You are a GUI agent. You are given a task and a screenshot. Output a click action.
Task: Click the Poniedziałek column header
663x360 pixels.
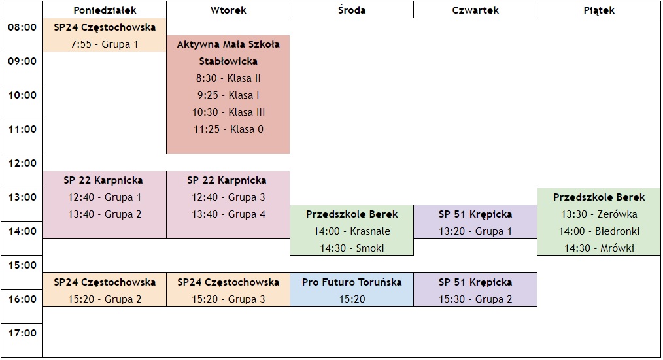pos(105,10)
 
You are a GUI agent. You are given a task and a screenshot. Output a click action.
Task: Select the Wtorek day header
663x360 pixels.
pos(228,10)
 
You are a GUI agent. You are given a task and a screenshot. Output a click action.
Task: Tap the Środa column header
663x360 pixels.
pos(352,10)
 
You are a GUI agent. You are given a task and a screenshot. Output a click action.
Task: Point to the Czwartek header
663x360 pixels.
pos(475,10)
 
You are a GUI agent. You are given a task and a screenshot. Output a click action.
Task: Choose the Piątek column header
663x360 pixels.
pos(599,10)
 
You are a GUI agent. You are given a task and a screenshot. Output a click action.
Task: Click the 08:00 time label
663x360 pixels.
pos(22,27)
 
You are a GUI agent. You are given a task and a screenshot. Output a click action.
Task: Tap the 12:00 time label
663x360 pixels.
pos(22,163)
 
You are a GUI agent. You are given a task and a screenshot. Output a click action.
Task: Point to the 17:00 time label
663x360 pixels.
pos(22,333)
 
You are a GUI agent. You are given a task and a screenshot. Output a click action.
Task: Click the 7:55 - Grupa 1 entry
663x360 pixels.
pos(105,44)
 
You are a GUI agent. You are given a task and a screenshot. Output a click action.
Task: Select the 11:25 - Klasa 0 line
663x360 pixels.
pos(228,129)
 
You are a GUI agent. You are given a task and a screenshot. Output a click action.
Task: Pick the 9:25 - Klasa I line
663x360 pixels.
pos(228,95)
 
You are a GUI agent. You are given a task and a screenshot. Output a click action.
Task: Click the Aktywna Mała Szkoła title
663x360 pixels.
pos(228,44)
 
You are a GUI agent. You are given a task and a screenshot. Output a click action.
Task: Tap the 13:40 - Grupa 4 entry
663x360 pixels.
pos(228,214)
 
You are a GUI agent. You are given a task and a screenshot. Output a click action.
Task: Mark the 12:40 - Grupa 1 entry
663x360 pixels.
pos(105,197)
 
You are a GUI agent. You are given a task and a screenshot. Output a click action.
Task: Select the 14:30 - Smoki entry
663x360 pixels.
pos(352,248)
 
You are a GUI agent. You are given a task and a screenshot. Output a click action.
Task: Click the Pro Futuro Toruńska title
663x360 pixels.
pos(352,282)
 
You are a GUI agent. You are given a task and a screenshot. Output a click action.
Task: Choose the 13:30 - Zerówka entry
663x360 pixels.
pos(599,214)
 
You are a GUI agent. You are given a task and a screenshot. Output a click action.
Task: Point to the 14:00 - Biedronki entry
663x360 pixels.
pos(599,231)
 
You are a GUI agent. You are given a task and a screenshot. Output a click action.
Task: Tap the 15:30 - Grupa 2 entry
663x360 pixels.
pos(475,299)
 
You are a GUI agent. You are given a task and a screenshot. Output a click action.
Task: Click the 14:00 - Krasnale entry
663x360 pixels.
pos(352,231)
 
